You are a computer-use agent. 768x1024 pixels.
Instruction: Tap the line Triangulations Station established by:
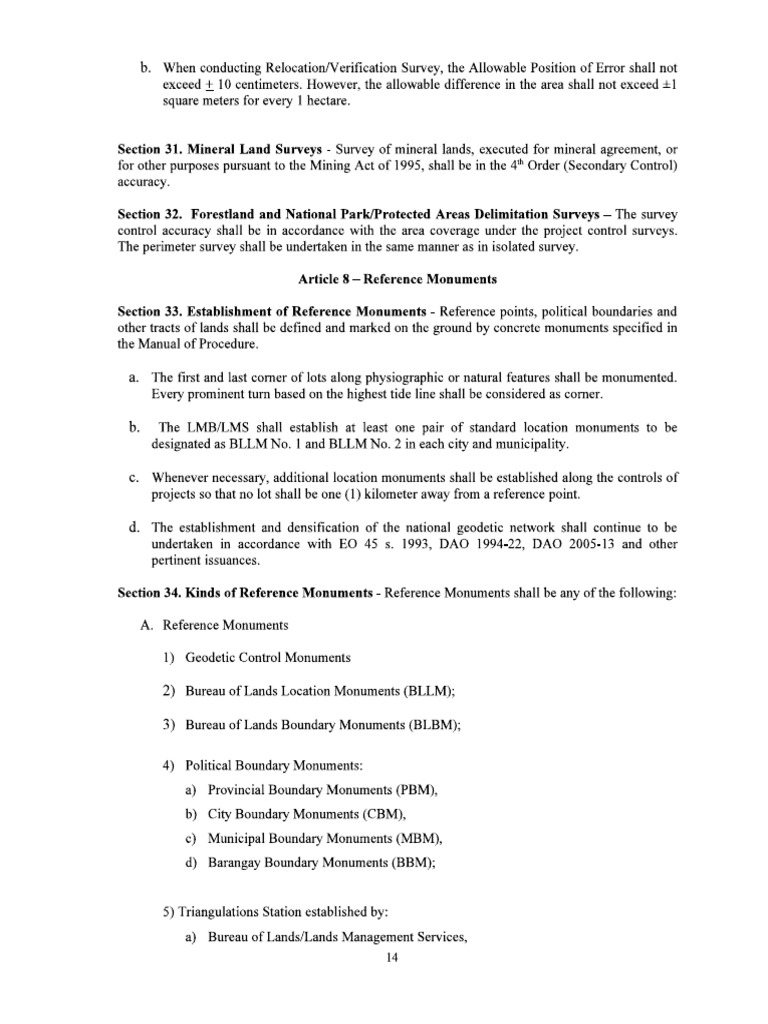point(274,912)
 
